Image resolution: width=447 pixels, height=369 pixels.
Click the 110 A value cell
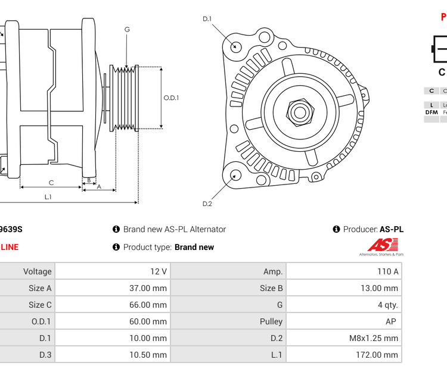tap(387, 271)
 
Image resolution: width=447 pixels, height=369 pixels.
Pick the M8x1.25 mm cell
tap(374, 338)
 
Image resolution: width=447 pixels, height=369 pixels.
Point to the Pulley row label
tap(271, 321)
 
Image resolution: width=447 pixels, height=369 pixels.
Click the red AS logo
tap(381, 245)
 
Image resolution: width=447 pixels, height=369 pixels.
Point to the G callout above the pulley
tap(127, 30)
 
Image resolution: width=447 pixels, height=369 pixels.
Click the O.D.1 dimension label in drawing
tap(171, 98)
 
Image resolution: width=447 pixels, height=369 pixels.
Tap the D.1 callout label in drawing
tap(207, 19)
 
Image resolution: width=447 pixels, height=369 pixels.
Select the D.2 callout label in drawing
tap(207, 204)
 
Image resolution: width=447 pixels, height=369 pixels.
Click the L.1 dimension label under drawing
tap(48, 196)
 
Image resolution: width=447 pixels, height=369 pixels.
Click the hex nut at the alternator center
tap(300, 111)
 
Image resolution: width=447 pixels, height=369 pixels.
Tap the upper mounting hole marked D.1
tap(236, 46)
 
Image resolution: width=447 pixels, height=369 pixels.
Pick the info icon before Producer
tap(337, 229)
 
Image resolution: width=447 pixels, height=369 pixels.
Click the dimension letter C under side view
tap(51, 183)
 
